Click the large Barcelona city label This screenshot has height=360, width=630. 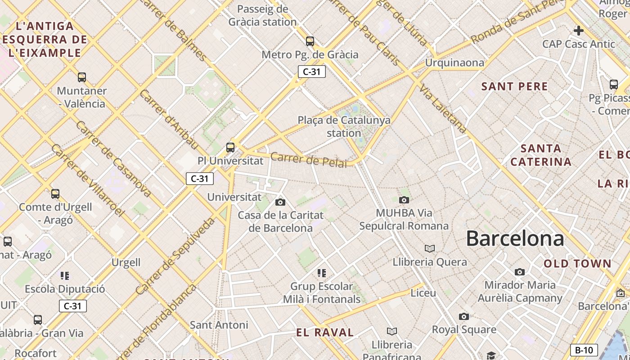(515, 238)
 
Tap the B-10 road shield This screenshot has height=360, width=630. (584, 350)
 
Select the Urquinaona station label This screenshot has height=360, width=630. (454, 63)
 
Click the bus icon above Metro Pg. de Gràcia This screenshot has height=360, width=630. (310, 41)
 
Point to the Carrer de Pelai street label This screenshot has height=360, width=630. (309, 159)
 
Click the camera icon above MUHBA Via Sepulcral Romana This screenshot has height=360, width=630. (404, 200)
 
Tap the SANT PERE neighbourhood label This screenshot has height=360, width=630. (514, 86)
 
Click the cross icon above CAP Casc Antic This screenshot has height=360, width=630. (578, 31)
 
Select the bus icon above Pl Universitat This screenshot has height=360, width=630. (230, 147)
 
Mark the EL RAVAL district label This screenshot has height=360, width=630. (325, 333)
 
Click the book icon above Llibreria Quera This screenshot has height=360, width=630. (430, 248)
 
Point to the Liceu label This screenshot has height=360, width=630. (423, 293)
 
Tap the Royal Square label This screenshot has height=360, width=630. (464, 329)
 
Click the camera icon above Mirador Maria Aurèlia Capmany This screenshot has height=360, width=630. (519, 272)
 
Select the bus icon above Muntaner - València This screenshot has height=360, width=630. (81, 77)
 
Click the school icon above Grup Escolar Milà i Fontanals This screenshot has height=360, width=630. (321, 273)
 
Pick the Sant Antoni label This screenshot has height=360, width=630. (219, 324)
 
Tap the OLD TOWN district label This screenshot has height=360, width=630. (577, 264)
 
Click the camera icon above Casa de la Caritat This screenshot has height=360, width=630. (280, 202)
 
